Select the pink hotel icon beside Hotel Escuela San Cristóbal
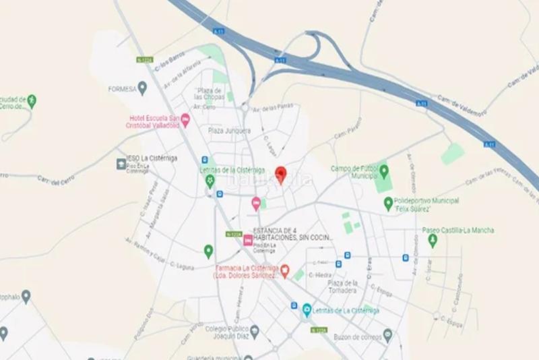click(185, 120)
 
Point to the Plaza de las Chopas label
click(213, 94)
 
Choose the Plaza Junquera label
click(229, 130)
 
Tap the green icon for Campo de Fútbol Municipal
click(383, 169)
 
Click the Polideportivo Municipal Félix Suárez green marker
click(388, 202)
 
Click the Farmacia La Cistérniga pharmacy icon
click(285, 271)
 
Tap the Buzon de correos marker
click(387, 334)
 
